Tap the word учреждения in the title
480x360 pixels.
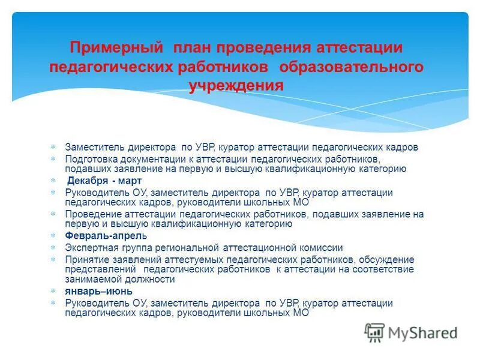(x=236, y=85)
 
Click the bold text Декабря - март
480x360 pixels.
(x=104, y=180)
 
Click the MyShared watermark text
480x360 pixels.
(x=423, y=332)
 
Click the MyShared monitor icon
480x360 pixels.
(x=375, y=332)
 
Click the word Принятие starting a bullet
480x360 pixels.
(x=86, y=259)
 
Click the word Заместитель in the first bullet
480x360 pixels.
(x=93, y=147)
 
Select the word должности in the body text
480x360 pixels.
(x=150, y=280)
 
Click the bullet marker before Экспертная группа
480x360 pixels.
(x=52, y=247)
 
